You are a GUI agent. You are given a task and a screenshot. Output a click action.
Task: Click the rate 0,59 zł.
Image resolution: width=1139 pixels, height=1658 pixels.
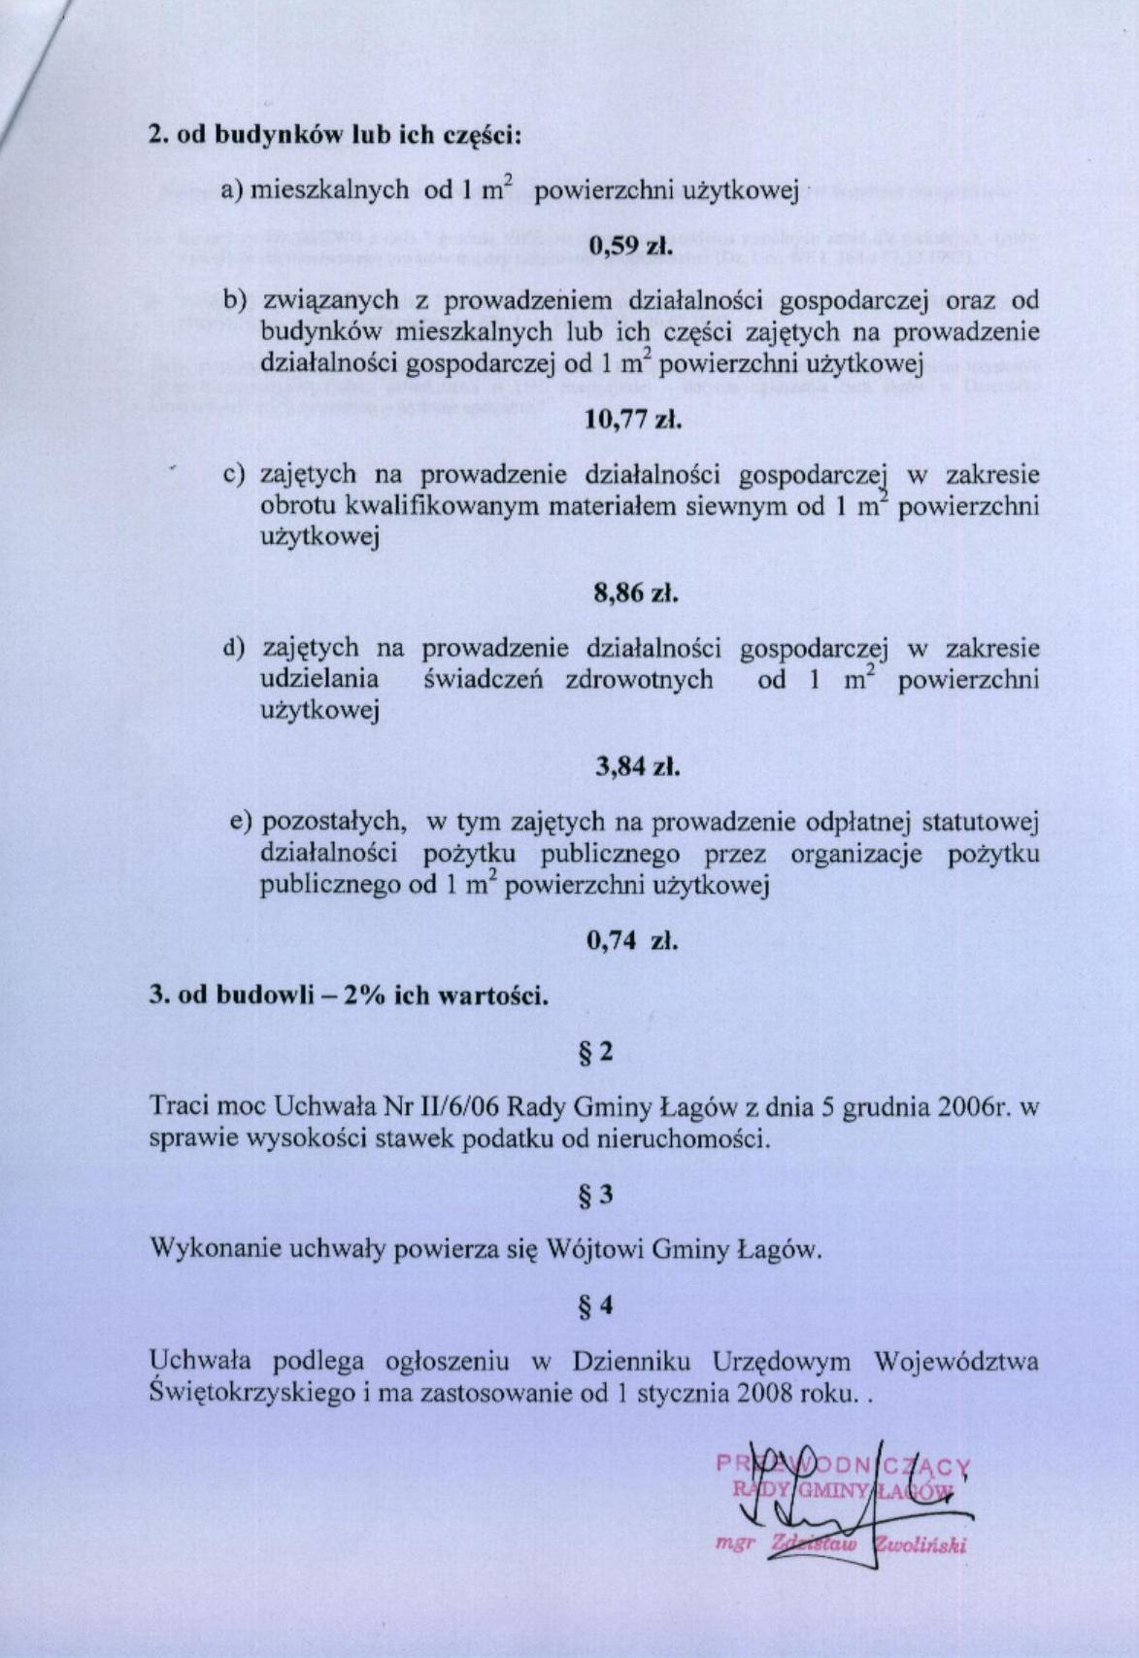tap(632, 247)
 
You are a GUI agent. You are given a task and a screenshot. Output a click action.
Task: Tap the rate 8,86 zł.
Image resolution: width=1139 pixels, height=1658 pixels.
tap(634, 592)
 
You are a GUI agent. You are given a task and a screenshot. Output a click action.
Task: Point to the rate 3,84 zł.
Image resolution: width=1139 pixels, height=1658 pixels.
tap(635, 766)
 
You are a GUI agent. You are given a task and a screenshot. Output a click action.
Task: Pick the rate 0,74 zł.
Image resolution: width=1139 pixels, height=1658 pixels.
tap(633, 940)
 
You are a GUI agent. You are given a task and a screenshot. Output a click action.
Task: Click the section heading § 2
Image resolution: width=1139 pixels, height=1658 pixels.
tap(596, 1051)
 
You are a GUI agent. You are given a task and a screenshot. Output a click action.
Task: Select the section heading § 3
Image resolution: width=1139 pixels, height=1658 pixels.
tap(596, 1195)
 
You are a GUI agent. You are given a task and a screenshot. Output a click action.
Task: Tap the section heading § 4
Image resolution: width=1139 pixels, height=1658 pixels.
tap(596, 1306)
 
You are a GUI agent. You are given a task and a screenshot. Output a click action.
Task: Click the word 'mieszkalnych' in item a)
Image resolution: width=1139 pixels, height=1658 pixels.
tap(329, 189)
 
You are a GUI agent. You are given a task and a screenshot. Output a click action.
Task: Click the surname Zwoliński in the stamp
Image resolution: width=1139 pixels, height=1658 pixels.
tap(918, 1545)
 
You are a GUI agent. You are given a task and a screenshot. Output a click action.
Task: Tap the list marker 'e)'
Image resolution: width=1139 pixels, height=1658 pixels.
tap(241, 822)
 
